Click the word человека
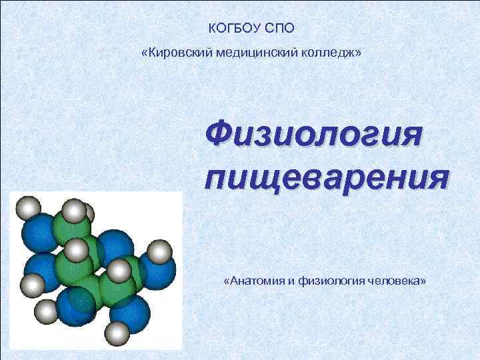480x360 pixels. tap(391, 281)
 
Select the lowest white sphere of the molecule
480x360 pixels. tap(117, 331)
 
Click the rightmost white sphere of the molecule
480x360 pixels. tap(159, 253)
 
